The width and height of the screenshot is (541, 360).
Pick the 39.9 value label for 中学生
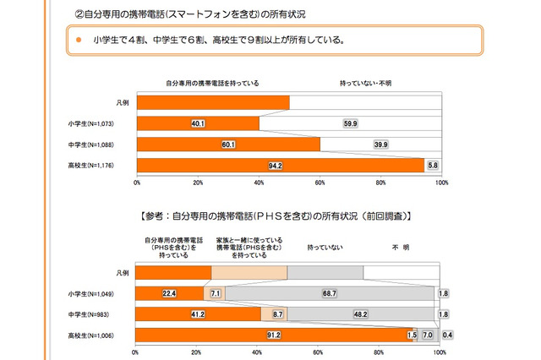[379, 144]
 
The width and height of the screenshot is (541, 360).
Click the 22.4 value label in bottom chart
[169, 293]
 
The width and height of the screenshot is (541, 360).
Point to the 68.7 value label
[330, 293]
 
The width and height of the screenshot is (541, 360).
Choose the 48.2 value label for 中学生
[361, 314]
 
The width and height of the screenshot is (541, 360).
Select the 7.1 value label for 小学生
[215, 293]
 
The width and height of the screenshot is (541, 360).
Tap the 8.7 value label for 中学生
[276, 314]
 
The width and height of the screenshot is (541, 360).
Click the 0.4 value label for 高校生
[446, 335]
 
